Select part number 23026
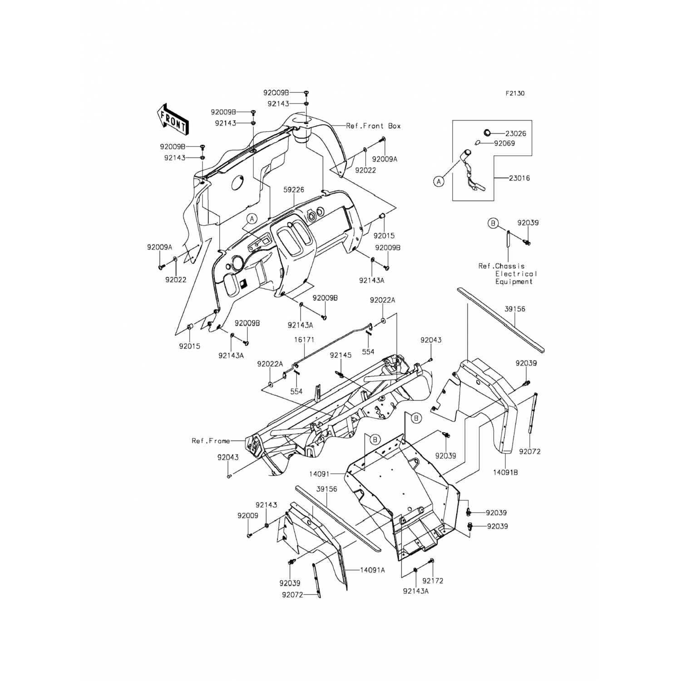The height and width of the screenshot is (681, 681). click(x=517, y=134)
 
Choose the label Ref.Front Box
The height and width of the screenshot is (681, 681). click(x=373, y=126)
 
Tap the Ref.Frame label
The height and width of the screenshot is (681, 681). click(x=210, y=441)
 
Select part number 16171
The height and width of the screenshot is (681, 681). click(x=304, y=340)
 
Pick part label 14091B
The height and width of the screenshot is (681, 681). click(x=505, y=472)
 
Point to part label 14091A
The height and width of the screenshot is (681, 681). click(x=372, y=570)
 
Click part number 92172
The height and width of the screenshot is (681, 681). click(x=433, y=581)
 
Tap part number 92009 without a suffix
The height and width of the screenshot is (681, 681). click(x=247, y=516)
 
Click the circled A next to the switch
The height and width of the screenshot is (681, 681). click(x=438, y=182)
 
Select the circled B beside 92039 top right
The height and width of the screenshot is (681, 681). click(x=493, y=223)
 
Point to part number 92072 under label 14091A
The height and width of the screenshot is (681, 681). click(x=292, y=594)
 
